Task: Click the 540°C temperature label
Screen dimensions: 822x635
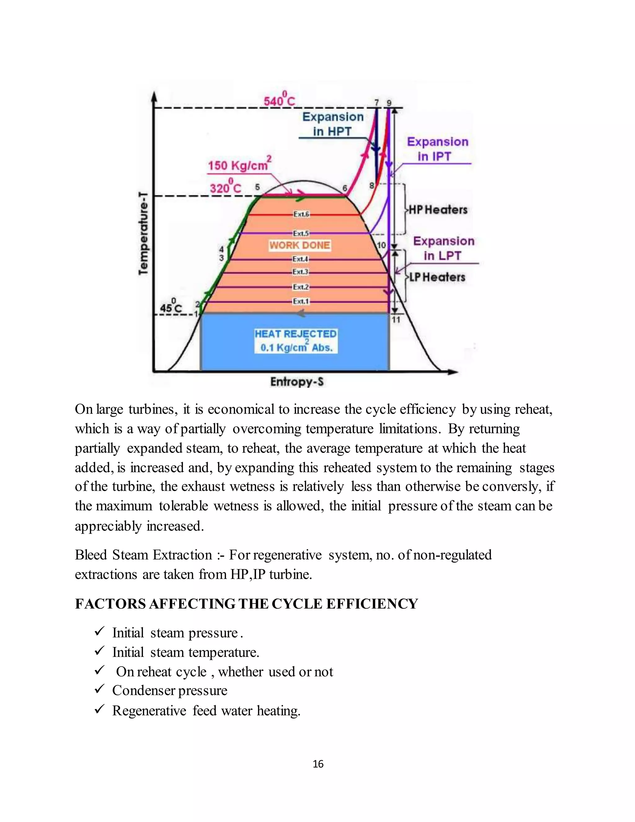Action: pyautogui.click(x=279, y=100)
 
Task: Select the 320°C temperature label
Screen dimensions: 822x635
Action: pyautogui.click(x=226, y=187)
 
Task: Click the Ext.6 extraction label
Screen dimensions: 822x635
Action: pyautogui.click(x=301, y=214)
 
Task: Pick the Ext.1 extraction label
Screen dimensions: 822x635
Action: pyautogui.click(x=301, y=302)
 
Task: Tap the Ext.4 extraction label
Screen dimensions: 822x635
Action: pyautogui.click(x=300, y=259)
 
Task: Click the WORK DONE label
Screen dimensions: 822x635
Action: pyautogui.click(x=300, y=245)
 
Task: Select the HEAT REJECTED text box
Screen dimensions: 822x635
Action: pyautogui.click(x=296, y=341)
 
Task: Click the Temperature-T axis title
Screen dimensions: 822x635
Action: pyautogui.click(x=143, y=233)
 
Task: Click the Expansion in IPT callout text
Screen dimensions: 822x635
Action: pyautogui.click(x=437, y=149)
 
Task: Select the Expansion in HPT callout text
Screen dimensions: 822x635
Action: pyautogui.click(x=333, y=124)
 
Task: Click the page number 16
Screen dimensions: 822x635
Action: pyautogui.click(x=318, y=764)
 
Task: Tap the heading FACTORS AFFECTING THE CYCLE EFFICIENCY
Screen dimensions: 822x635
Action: pyautogui.click(x=246, y=604)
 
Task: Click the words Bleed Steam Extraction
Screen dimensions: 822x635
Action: pyautogui.click(x=143, y=555)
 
